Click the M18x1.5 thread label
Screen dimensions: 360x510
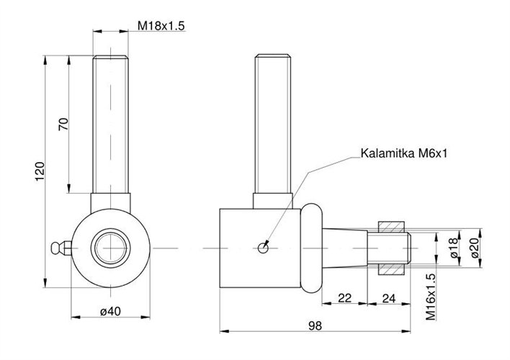(161, 26)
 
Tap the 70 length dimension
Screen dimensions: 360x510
(63, 124)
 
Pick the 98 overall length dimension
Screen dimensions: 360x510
(314, 326)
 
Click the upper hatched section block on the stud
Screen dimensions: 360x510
(393, 226)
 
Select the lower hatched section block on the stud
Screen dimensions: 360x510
(393, 269)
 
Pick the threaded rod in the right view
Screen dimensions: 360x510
(272, 122)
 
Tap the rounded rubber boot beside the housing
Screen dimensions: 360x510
(310, 247)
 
